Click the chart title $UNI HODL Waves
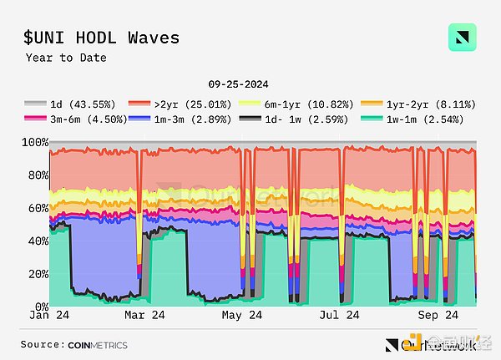click(102, 38)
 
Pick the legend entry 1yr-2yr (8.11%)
click(418, 104)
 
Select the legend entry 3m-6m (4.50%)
click(76, 119)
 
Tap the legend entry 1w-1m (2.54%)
click(418, 119)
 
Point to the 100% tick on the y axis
click(33, 143)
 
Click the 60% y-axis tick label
click(36, 208)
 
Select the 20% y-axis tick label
click(36, 274)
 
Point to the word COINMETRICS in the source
click(99, 344)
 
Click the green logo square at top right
click(462, 38)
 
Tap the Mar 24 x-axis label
click(146, 316)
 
